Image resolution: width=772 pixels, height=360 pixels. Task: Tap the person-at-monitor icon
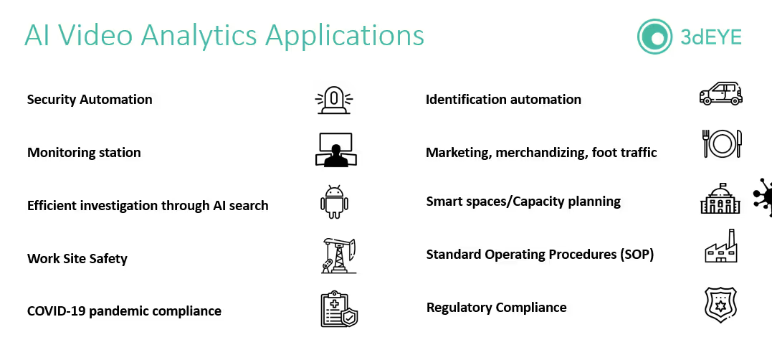pos(334,150)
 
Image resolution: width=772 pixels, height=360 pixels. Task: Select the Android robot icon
pos(334,203)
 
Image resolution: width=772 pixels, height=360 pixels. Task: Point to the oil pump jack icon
pos(338,255)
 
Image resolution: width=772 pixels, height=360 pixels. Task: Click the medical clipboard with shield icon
pos(338,309)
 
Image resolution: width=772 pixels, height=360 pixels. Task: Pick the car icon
pos(720,93)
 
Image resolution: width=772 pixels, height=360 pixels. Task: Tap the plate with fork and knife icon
pos(720,143)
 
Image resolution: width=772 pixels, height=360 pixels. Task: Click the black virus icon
pos(763,196)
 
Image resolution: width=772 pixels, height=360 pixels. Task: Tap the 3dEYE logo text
pos(710,36)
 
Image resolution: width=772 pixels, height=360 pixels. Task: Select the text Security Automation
pos(90,100)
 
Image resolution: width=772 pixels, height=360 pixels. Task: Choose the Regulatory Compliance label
pos(496,308)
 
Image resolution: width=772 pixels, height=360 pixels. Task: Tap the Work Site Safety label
pos(77,258)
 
